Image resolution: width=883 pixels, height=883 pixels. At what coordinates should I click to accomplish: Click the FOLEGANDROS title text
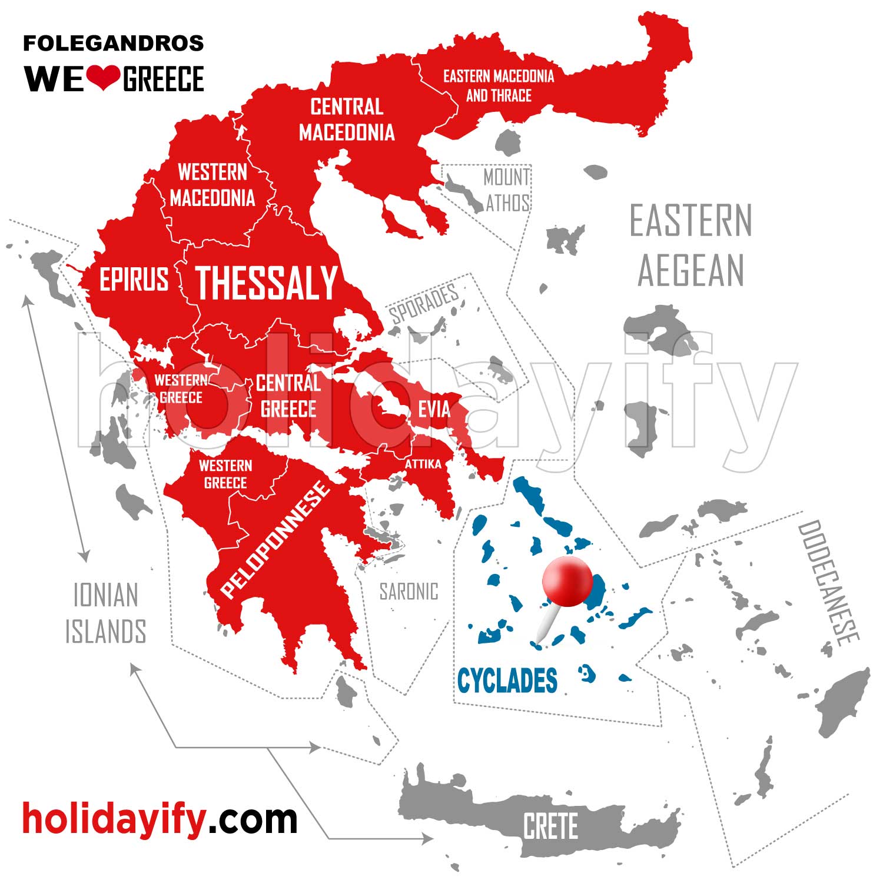pos(113,43)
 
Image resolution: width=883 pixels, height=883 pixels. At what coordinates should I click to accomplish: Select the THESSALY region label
pos(266,283)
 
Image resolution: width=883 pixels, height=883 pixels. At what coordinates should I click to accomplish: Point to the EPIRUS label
pos(134,279)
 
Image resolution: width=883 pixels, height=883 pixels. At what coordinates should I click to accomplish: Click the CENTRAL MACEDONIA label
pos(347,119)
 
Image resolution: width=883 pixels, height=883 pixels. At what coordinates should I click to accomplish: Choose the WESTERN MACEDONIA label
pos(213,185)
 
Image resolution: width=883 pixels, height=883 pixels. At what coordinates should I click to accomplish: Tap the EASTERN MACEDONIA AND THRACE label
pos(499,85)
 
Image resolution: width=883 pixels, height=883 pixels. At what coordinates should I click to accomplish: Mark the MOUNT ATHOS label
pos(507,190)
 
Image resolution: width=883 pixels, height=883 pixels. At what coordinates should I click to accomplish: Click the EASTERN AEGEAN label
pos(691,245)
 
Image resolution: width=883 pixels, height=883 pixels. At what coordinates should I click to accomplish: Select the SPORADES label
pos(423,303)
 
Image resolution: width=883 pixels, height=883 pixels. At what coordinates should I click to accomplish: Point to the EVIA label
pos(434,409)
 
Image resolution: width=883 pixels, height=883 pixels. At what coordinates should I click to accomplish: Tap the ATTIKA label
pos(423,464)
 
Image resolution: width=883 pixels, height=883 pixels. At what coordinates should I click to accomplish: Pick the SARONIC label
pos(409,592)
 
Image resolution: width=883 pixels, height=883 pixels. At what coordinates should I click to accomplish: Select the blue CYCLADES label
pos(507,680)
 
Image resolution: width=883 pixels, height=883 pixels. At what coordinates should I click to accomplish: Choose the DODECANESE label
pos(829,583)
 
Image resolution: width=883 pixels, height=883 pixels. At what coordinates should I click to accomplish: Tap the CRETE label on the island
pos(550,826)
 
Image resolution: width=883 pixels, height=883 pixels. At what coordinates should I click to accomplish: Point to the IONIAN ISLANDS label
pos(105,613)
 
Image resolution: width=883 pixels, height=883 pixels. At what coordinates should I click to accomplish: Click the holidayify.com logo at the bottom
pos(160,818)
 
